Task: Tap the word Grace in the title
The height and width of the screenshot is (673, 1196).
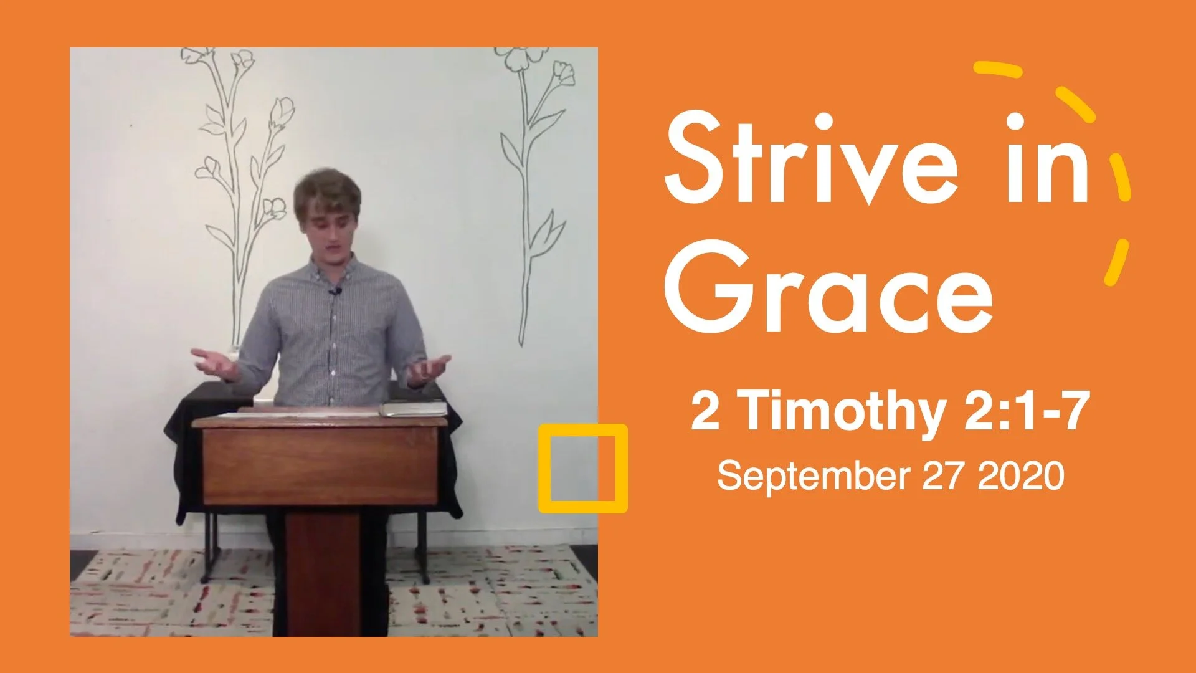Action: [828, 287]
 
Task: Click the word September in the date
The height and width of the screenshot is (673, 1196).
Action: [813, 477]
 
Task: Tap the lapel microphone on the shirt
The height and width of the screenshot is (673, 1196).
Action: [336, 290]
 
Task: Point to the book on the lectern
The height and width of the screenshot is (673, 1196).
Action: [414, 408]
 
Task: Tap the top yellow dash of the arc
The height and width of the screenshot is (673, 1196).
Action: [998, 70]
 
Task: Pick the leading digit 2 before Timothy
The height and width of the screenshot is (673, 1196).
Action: [705, 412]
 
